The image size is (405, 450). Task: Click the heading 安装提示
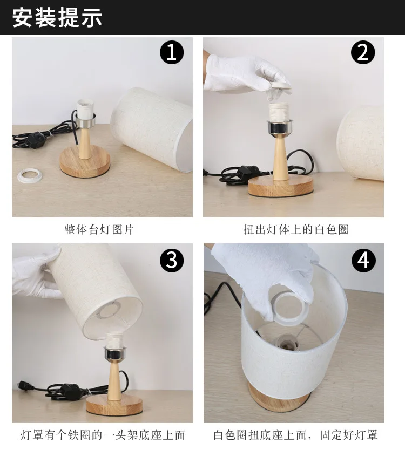coord(57,17)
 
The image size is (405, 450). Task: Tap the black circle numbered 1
coord(172,52)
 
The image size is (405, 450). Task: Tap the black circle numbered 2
coord(363,52)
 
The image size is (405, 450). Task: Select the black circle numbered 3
coord(172,260)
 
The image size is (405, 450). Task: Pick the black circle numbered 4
coord(363,260)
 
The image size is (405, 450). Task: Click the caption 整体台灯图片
coord(99,230)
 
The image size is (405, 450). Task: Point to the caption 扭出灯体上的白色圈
coord(296,230)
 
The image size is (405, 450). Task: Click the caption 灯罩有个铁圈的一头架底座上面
coord(103,435)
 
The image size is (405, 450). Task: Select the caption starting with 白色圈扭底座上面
coord(295,435)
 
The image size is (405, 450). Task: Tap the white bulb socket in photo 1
coord(85,109)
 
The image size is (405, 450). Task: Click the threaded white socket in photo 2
coord(279,112)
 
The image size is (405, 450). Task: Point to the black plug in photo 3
coord(25,386)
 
